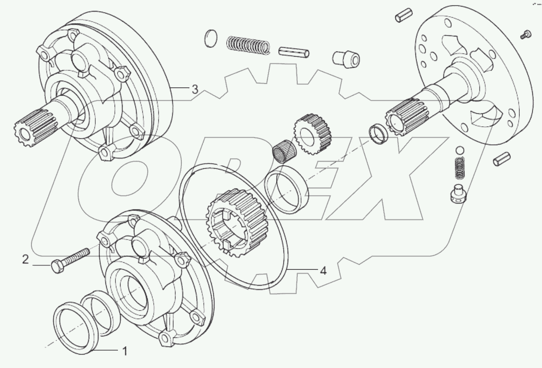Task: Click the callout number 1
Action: click(124, 351)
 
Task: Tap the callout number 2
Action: click(26, 260)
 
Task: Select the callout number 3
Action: click(194, 89)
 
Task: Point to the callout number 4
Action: click(323, 271)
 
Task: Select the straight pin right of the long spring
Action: click(294, 52)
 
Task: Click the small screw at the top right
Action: click(526, 35)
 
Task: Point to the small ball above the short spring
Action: click(460, 150)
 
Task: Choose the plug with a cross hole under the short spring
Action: click(458, 193)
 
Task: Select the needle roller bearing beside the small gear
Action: click(285, 149)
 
